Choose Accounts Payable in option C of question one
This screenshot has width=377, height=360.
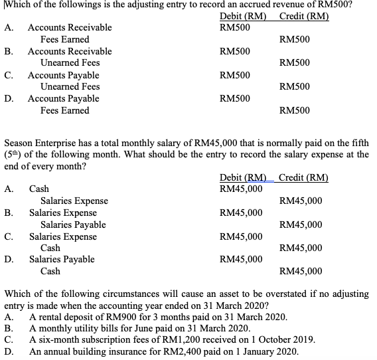pyautogui.click(x=64, y=75)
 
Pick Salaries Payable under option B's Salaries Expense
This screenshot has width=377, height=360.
pyautogui.click(x=73, y=225)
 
